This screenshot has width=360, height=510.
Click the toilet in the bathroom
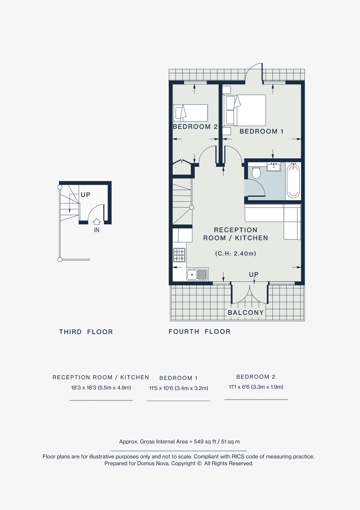pos(256,172)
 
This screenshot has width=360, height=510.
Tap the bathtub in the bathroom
pos(293,181)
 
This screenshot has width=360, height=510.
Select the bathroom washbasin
pos(273,167)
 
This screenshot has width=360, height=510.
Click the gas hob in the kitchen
pos(179,255)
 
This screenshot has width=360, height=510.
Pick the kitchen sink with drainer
pos(197,274)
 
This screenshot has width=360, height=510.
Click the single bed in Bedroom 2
pos(190,113)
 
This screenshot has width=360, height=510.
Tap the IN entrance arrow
pos(97,222)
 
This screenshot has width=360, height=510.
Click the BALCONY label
pos(246,313)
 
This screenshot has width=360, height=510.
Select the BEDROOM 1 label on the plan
pos(261,131)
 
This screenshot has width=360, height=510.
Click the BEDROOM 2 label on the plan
pos(195,127)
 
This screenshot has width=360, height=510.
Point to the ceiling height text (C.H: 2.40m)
pos(235,253)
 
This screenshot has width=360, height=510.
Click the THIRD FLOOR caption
pos(86,332)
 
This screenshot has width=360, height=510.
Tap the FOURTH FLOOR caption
pos(199,332)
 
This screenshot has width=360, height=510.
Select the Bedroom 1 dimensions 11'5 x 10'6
pos(179,388)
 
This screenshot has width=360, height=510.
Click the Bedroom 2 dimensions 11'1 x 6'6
pos(256,387)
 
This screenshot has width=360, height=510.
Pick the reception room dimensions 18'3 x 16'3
pos(101,388)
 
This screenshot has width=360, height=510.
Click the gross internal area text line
pos(179,442)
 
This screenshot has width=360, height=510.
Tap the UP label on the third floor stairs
pos(86,195)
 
